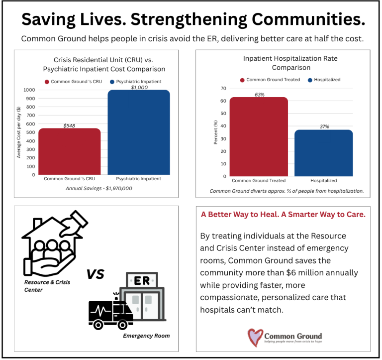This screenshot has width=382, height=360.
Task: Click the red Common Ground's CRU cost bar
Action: tap(69, 151)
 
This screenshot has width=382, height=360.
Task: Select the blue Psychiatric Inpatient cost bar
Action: tap(139, 132)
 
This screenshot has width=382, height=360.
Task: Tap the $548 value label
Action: tap(69, 125)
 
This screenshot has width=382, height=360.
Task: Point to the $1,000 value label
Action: tap(139, 87)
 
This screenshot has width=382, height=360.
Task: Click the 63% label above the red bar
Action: tap(259, 94)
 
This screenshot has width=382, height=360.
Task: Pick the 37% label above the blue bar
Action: tap(323, 126)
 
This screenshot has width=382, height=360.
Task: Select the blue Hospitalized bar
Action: tap(323, 153)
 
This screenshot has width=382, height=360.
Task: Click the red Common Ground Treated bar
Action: tap(259, 136)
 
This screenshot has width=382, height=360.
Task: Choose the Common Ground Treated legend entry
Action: tap(269, 80)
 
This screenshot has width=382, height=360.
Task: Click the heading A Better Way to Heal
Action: tap(283, 215)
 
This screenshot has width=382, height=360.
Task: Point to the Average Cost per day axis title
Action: tap(18, 132)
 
